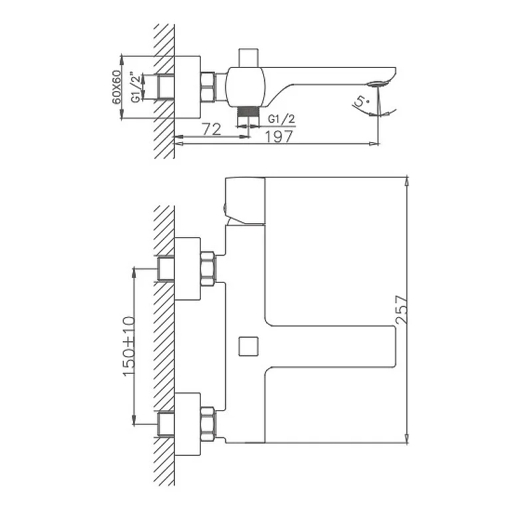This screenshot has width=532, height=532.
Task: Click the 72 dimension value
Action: pos(211,129)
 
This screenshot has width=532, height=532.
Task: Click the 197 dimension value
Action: pos(279,136)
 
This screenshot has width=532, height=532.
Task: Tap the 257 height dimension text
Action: pos(402,309)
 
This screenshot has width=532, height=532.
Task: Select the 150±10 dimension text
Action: pos(129,346)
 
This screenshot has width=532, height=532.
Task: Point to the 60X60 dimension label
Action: pos(116,87)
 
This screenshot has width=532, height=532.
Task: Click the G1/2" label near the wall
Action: pos(136,87)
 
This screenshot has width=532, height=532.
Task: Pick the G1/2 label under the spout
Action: pos(281,119)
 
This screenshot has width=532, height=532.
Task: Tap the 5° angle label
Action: pos(361,102)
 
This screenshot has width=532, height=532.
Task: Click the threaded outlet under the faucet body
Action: pos(248,111)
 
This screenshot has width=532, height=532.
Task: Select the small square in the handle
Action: pos(248,346)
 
